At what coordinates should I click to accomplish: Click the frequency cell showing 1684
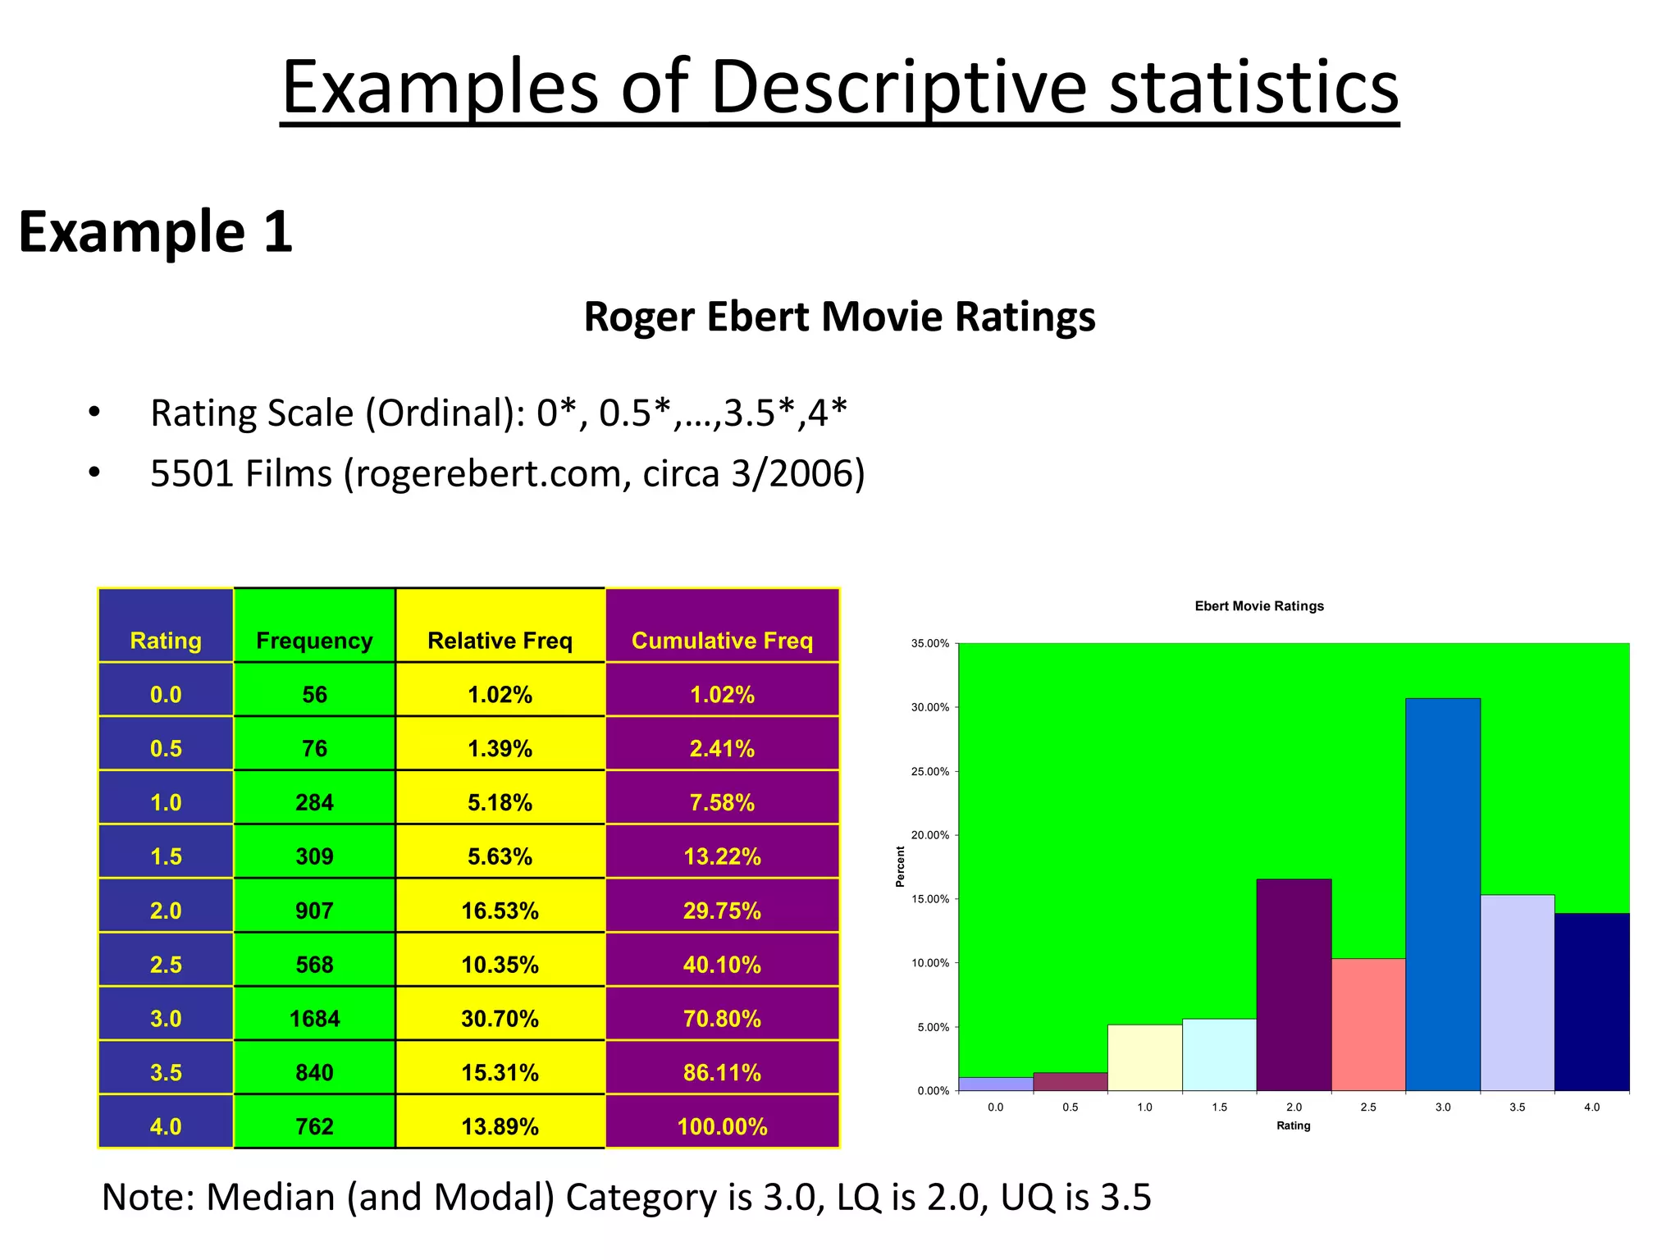[x=314, y=1019]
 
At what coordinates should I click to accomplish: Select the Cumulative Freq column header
[x=722, y=641]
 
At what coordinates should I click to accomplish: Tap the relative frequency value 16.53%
[x=500, y=911]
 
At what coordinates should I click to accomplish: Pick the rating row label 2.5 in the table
[x=166, y=965]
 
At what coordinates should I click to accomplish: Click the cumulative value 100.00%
[x=722, y=1127]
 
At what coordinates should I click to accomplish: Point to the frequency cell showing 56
[x=314, y=695]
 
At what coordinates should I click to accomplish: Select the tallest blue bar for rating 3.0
[x=1442, y=894]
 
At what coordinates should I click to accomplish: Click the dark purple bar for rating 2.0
[x=1294, y=984]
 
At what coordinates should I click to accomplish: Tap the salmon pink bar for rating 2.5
[x=1368, y=1025]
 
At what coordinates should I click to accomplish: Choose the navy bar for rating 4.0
[x=1591, y=1002]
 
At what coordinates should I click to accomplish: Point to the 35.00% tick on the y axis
[x=930, y=644]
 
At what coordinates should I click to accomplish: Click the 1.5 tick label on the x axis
[x=1219, y=1107]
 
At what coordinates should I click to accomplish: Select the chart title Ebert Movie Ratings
[x=1259, y=606]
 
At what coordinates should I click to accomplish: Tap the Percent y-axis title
[x=901, y=867]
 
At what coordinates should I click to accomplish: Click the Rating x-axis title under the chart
[x=1293, y=1125]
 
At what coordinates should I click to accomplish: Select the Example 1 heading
[x=156, y=232]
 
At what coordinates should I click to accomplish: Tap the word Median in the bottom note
[x=271, y=1197]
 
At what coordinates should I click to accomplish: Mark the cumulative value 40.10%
[x=722, y=965]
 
